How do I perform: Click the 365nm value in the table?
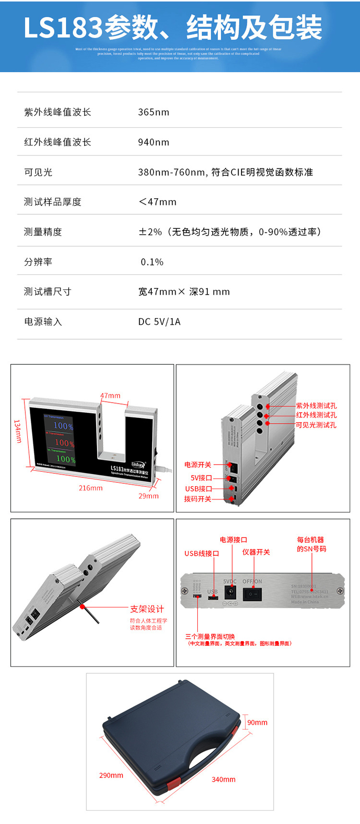(154, 112)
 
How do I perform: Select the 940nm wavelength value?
(154, 142)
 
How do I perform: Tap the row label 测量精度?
(43, 232)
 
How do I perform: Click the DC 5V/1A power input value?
(159, 322)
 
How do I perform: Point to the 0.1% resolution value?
(152, 262)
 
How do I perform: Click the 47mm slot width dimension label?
(110, 396)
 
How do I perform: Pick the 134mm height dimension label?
(18, 431)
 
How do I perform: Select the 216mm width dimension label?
(91, 488)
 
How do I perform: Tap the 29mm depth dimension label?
(148, 496)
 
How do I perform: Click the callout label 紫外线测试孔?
(316, 406)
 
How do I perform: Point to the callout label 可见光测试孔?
(316, 425)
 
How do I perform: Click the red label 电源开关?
(198, 465)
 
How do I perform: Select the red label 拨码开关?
(198, 499)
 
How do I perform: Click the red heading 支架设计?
(147, 609)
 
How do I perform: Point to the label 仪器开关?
(256, 552)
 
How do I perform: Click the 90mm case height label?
(257, 723)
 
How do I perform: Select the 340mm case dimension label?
(224, 780)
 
